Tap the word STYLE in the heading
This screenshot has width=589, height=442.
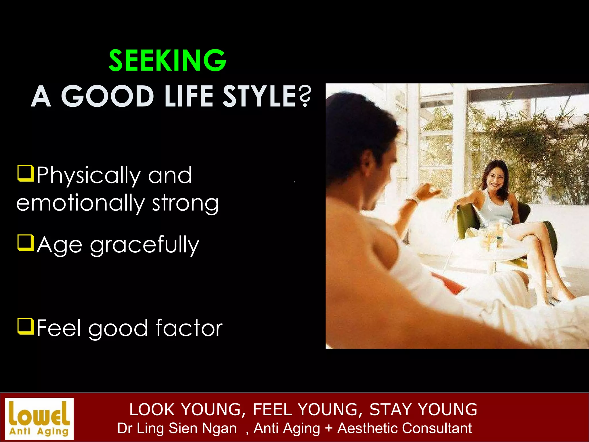pyautogui.click(x=260, y=96)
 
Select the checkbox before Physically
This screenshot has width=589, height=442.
pyautogui.click(x=26, y=173)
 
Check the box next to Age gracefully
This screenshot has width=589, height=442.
pyautogui.click(x=26, y=243)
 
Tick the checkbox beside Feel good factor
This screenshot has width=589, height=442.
pyautogui.click(x=26, y=326)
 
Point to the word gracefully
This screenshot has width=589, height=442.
pyautogui.click(x=144, y=245)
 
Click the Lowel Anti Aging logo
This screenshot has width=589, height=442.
pyautogui.click(x=39, y=418)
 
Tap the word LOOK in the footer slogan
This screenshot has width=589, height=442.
pyautogui.click(x=152, y=409)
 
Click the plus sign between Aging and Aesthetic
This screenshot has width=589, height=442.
pyautogui.click(x=329, y=428)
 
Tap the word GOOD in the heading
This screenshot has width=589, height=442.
pyautogui.click(x=108, y=96)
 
